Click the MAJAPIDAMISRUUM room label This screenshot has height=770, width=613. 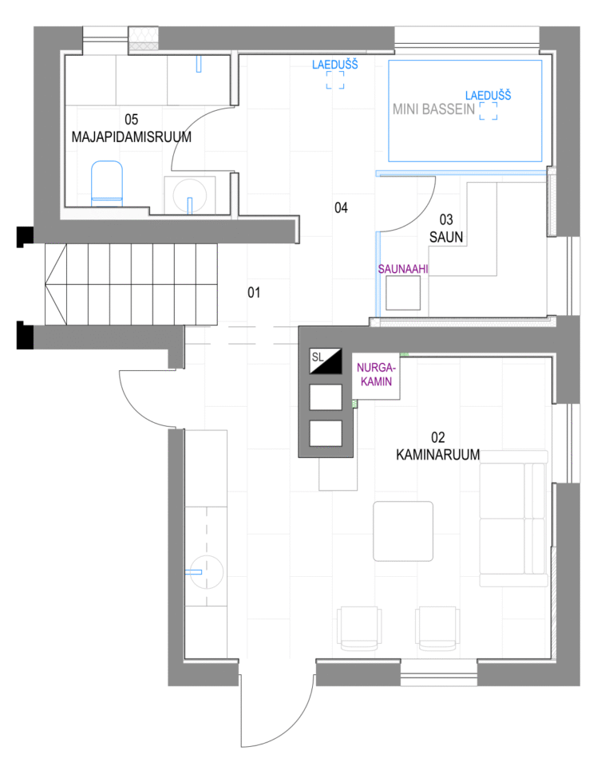click(131, 136)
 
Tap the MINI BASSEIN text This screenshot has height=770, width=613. click(433, 109)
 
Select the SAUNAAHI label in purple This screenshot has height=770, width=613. click(403, 269)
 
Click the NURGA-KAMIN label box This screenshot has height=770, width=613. click(376, 375)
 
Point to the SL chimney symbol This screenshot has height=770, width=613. click(325, 361)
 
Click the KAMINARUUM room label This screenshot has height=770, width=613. click(437, 454)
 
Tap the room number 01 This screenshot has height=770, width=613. click(254, 293)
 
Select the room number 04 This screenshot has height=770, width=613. click(341, 207)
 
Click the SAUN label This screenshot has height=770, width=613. click(446, 237)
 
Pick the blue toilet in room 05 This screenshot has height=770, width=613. click(107, 184)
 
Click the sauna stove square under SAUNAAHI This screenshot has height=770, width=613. click(403, 293)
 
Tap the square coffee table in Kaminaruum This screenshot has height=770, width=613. click(403, 531)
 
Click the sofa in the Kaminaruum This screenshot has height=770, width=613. click(513, 519)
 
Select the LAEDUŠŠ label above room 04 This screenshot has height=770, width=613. click(335, 65)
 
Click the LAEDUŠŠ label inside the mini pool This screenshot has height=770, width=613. click(488, 95)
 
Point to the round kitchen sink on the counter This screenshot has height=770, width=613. click(207, 571)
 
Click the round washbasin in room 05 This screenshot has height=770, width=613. click(190, 195)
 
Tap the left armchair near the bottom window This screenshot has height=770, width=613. click(359, 629)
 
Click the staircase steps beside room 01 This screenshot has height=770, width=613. click(131, 284)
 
